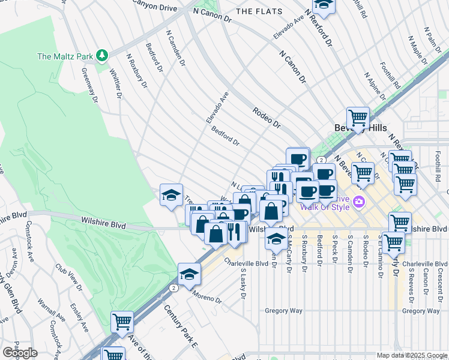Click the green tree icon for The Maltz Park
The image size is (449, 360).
[103, 56]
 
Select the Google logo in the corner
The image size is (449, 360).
[20, 353]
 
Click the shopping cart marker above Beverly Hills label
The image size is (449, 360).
[358, 117]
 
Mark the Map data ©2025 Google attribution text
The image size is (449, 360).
[412, 355]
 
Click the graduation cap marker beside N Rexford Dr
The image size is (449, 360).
[324, 5]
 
